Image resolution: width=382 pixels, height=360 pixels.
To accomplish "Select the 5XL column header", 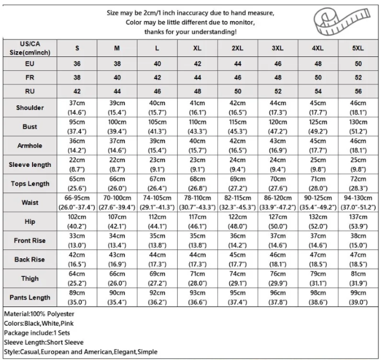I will [x=358, y=48].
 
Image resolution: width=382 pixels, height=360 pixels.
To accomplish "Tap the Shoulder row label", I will [x=30, y=108].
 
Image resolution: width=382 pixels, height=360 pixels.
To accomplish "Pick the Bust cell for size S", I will [x=77, y=126].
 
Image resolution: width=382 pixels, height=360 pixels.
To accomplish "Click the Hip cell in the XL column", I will [x=197, y=221].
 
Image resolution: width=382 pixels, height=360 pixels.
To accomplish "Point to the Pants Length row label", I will [x=30, y=297].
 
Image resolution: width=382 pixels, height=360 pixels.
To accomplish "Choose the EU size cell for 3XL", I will [x=277, y=63].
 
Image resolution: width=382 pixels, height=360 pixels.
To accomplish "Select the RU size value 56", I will [x=358, y=91].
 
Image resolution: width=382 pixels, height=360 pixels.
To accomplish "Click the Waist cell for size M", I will [x=117, y=202].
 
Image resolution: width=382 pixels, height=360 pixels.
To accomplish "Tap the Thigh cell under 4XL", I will [x=317, y=278].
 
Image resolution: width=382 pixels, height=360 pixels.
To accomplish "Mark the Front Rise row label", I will [x=30, y=240].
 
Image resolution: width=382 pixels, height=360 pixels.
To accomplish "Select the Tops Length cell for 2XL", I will [x=238, y=183].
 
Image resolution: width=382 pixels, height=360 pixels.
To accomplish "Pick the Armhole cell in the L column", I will [x=157, y=145].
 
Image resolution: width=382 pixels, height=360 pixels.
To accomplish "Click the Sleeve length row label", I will [x=30, y=165].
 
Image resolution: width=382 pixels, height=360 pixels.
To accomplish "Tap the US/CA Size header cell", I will [x=30, y=48].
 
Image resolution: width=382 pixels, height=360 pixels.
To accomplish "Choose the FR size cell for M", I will [x=117, y=77].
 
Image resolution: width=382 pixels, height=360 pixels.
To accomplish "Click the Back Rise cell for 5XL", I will [x=358, y=259].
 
